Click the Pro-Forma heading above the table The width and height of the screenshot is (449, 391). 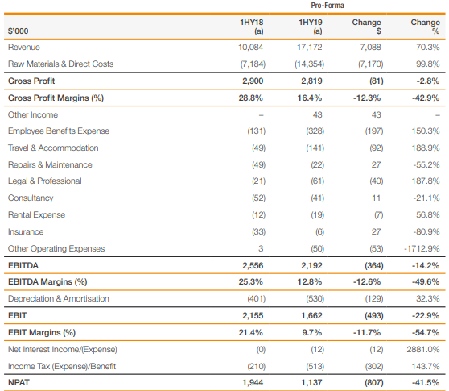(x=327, y=6)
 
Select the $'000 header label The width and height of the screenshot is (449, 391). (x=18, y=31)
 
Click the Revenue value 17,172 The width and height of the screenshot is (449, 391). (x=309, y=47)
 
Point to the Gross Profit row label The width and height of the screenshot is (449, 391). (x=31, y=81)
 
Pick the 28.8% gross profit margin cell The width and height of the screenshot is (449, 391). (x=250, y=98)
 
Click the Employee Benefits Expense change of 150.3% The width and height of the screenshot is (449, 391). (x=426, y=131)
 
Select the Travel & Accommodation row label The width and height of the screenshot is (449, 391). (x=53, y=148)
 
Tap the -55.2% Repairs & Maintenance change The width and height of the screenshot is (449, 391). (x=426, y=165)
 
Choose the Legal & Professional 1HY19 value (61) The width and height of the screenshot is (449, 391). (x=317, y=181)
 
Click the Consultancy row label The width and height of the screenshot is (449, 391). (x=31, y=198)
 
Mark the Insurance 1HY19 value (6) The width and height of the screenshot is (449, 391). (x=319, y=232)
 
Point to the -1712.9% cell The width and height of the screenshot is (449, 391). (x=422, y=249)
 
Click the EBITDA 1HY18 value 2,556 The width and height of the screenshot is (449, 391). (x=253, y=266)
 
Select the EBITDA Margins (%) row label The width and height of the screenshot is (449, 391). (x=47, y=282)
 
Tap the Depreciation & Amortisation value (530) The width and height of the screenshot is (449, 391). (x=315, y=299)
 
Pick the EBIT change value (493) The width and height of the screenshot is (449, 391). (x=374, y=316)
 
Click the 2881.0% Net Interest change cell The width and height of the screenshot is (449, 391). (x=423, y=350)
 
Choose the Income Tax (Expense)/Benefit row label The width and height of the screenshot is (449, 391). (x=62, y=366)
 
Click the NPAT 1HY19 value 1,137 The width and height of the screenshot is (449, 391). (x=311, y=383)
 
